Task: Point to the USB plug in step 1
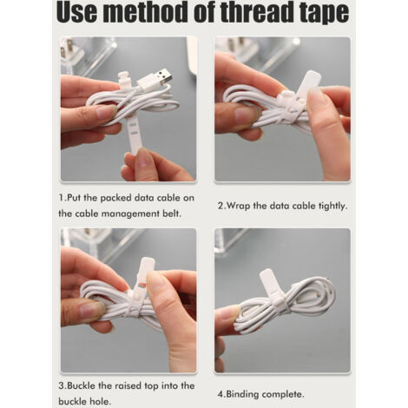point(155,79)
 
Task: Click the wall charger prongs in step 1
point(65,49)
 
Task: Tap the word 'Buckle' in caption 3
point(81,385)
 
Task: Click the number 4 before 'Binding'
point(220,394)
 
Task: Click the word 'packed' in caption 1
point(116,198)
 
